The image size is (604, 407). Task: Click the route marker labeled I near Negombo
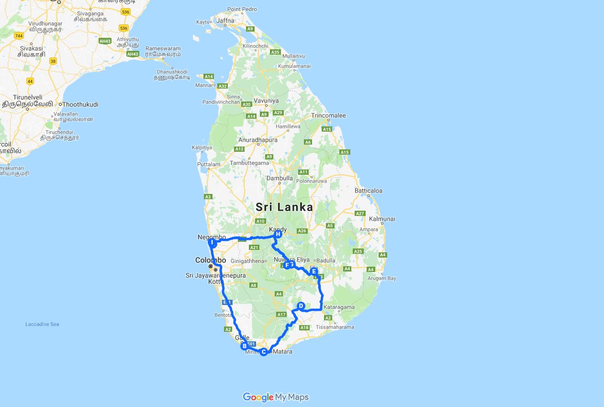pos(212,243)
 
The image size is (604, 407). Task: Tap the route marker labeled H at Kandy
pos(278,234)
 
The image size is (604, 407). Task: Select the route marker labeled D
pos(301,306)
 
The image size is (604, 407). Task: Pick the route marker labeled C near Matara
pos(263,352)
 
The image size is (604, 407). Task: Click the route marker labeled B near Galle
pos(244,346)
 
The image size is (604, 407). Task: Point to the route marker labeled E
pos(314,271)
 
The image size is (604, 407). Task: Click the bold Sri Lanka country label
pos(284,207)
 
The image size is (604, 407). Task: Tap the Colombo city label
pos(210,260)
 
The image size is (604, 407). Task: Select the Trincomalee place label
pos(328,115)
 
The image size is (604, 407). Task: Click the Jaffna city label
pos(225,21)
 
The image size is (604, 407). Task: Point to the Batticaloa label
pos(369,191)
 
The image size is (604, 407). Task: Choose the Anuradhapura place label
pos(258,140)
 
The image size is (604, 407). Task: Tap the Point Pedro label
pos(242,9)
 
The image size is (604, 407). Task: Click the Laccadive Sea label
pos(42,325)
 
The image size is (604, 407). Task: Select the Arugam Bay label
pos(383,278)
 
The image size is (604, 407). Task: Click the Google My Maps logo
pos(276,397)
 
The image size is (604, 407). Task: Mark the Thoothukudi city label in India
pos(80,104)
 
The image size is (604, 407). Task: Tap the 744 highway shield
pos(19,36)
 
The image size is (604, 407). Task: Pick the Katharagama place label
pos(339,307)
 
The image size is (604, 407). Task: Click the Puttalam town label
pos(209,164)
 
